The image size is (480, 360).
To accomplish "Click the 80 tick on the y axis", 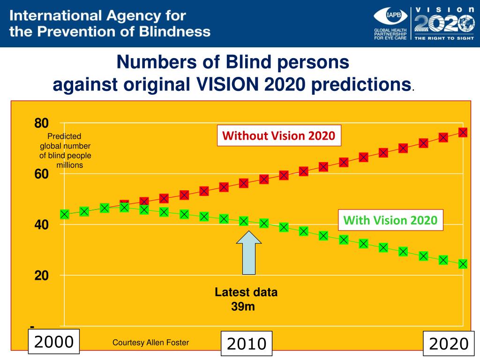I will pos(41,124).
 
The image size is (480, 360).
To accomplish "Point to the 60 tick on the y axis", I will pos(41,174).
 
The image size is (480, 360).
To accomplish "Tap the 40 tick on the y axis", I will pos(41,225).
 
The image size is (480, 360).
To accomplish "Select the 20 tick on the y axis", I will pos(41,276).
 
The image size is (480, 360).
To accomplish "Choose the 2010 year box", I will pos(247,344).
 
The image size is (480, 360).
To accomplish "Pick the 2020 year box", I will pos(448,344).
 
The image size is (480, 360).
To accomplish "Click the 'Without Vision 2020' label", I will pos(278,136).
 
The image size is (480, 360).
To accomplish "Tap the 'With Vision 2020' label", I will pos(390,220).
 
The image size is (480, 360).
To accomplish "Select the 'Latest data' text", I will pos(246,292).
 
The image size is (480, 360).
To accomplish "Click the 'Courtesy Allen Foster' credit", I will pos(150,343).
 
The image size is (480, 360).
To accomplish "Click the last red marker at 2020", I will pos(463,133).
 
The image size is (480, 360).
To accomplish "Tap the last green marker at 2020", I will pos(463,264).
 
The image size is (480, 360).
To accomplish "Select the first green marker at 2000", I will pos(65,214).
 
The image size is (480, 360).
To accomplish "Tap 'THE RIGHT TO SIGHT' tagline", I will pos(441,38).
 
